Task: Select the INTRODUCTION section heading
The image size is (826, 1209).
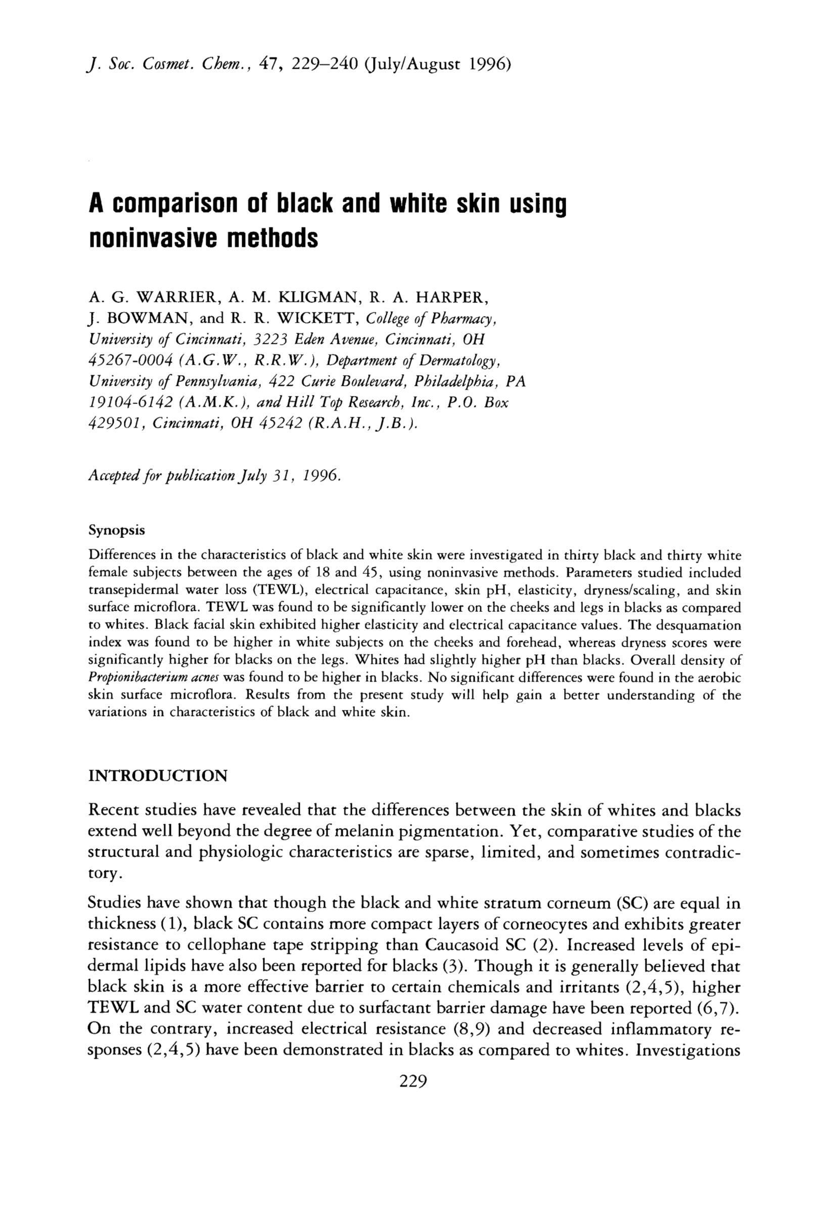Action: [x=158, y=776]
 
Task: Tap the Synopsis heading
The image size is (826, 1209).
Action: [x=116, y=530]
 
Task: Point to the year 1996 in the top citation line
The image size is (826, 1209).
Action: [x=491, y=65]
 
